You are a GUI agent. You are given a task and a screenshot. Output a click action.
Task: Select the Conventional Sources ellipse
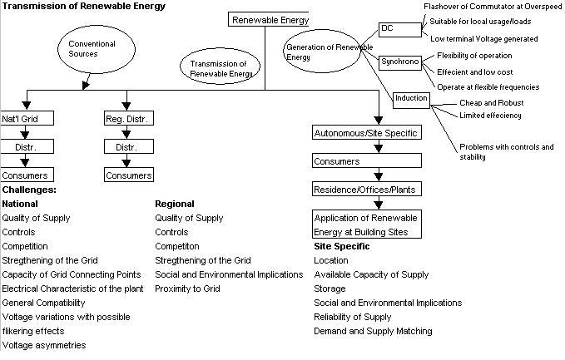86,48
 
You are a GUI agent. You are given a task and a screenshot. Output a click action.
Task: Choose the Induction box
411,98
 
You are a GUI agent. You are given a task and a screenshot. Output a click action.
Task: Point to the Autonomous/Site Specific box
364,133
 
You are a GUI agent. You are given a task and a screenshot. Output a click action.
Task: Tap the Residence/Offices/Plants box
364,190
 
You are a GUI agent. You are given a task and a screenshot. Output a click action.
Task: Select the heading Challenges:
29,190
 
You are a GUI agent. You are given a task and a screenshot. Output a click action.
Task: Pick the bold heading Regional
175,204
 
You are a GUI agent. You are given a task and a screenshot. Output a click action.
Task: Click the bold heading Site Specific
341,246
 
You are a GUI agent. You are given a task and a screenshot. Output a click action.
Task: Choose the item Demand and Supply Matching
373,331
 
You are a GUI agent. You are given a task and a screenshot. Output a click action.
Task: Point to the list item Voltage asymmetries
44,345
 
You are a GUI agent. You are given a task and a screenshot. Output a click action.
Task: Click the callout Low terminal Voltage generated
483,38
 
